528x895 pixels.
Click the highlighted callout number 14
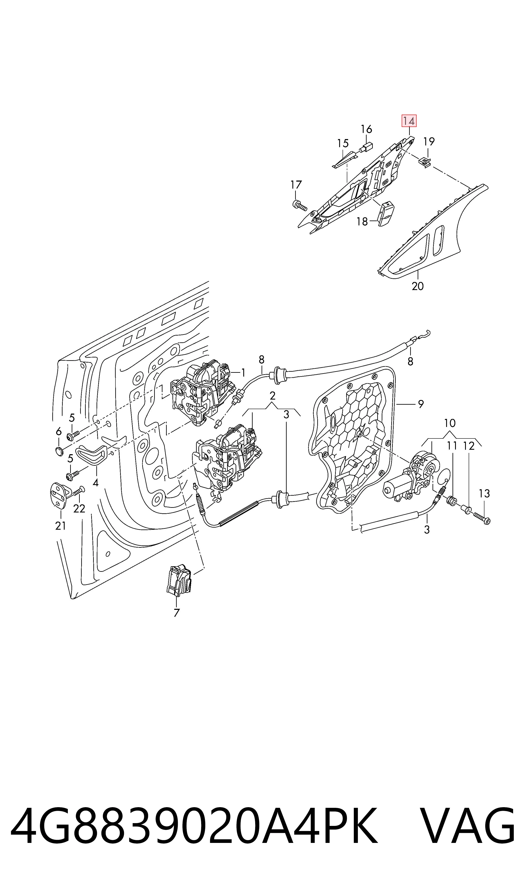409,121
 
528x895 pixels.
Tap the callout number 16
366,129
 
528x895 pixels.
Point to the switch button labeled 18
386,213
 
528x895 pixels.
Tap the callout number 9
421,404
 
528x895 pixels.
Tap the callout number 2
273,396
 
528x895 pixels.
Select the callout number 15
343,143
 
